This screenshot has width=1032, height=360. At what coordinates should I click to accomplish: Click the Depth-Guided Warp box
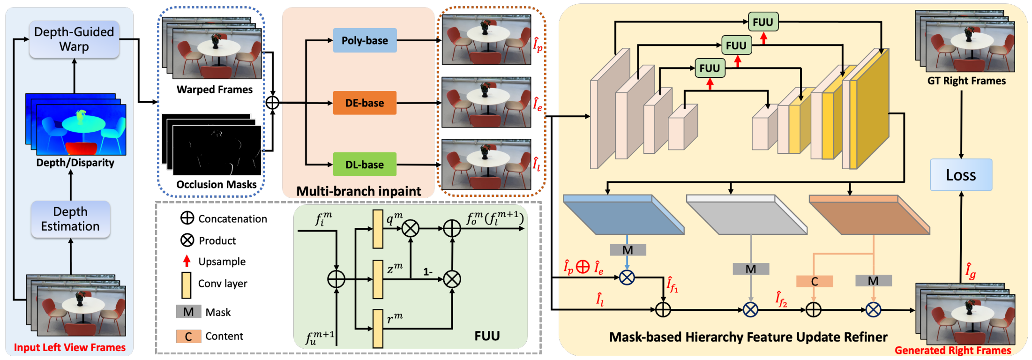(x=74, y=39)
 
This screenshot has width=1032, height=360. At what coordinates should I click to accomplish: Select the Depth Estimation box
(x=70, y=219)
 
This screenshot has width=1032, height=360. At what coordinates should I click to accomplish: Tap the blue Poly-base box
(x=365, y=40)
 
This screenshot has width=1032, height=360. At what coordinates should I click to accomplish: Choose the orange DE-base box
(x=365, y=103)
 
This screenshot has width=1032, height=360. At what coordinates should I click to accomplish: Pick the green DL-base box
(x=365, y=165)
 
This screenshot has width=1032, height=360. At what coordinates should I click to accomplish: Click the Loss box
(x=961, y=175)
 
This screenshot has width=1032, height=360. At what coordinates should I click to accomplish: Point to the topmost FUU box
(x=763, y=22)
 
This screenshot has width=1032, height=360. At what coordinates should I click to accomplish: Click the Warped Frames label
(x=214, y=90)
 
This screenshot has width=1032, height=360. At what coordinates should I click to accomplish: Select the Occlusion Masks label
(x=216, y=184)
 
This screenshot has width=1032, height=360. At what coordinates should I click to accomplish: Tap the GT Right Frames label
(x=966, y=81)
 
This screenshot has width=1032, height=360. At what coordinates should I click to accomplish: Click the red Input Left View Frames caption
(x=70, y=347)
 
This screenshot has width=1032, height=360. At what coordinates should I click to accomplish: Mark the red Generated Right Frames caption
(x=953, y=350)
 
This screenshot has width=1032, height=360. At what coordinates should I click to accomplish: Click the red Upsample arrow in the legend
(x=187, y=261)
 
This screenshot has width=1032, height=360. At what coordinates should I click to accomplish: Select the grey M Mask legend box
(x=188, y=312)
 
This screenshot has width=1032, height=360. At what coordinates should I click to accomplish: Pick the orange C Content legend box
(x=188, y=336)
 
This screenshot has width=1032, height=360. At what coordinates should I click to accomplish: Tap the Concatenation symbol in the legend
(x=187, y=218)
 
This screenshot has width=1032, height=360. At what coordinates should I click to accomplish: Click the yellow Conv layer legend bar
(x=187, y=285)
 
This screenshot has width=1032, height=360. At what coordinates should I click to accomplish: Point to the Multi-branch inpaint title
(x=359, y=191)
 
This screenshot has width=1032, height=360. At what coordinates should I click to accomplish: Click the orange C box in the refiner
(x=815, y=281)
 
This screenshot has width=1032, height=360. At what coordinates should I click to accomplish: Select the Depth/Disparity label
(x=75, y=163)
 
